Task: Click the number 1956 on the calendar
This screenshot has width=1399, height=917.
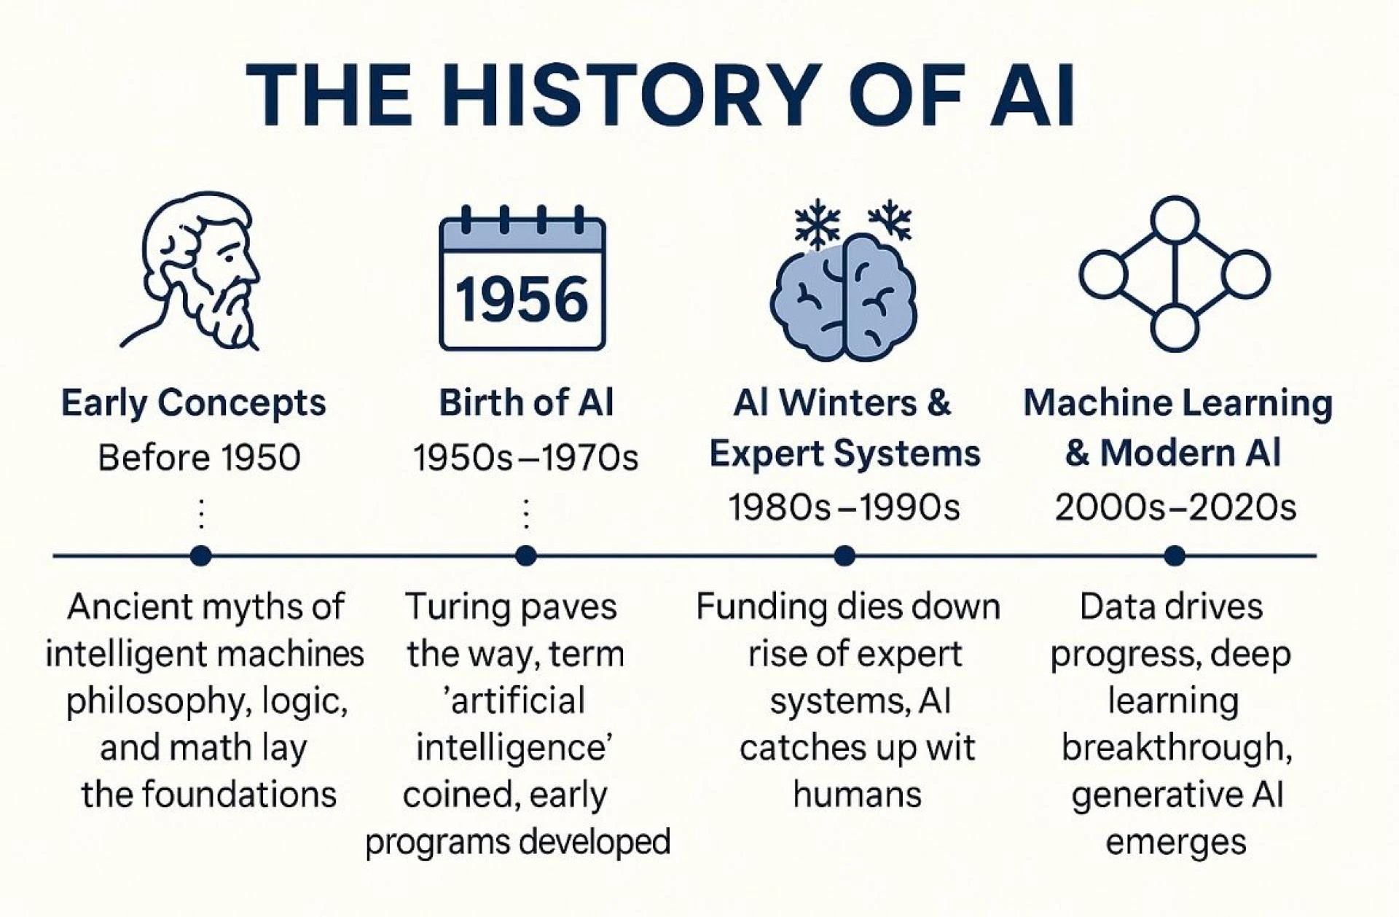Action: pos(522,300)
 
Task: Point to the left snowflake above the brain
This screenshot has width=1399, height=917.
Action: pos(816,222)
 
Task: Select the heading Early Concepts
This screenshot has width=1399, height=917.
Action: pos(193,403)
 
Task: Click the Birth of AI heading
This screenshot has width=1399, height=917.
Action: pos(526,403)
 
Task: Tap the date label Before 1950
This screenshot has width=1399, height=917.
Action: pos(199,458)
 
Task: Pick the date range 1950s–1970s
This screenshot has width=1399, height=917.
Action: pos(525,458)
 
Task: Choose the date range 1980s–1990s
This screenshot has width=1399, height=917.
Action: pos(845,507)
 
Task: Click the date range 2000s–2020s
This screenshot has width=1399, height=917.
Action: pos(1175,507)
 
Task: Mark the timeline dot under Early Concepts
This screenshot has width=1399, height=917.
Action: pos(200,556)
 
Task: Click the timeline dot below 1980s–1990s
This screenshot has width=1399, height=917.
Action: pos(845,556)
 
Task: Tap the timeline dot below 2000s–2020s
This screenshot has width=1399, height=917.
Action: pos(1174,556)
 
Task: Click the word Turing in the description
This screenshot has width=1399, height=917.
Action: pos(445,607)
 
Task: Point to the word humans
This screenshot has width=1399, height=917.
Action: pos(857,794)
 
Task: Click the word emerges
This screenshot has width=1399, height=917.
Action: pos(1175,842)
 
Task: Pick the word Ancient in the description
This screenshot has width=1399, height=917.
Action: pos(118,607)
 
